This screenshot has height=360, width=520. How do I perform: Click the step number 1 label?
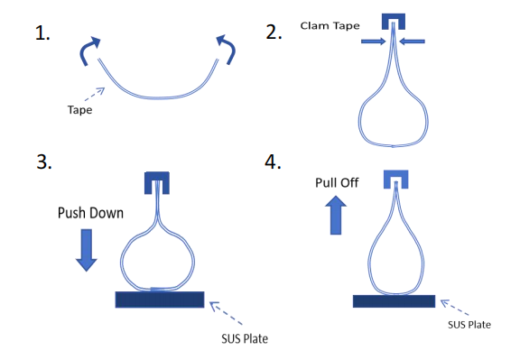42,33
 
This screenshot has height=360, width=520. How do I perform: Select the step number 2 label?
274,32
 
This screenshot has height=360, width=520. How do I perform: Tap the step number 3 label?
44,162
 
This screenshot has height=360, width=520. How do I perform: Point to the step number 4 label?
273,162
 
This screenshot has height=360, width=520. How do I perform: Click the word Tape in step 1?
80,110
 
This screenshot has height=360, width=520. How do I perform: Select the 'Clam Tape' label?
330,26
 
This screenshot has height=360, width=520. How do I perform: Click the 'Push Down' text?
90,213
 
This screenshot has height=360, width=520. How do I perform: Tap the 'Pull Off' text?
337,182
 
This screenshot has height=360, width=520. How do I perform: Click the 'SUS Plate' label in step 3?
245,338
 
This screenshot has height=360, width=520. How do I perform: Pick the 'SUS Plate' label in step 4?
469,325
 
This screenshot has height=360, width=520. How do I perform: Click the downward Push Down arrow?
87,250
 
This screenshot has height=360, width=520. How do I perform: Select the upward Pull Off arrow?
336,215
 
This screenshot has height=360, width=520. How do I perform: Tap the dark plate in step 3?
160,300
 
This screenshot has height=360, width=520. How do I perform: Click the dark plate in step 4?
394,301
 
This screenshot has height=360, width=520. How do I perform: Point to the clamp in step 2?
394,17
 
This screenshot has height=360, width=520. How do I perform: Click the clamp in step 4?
396,174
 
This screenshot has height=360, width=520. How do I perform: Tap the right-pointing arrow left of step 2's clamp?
374,42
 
